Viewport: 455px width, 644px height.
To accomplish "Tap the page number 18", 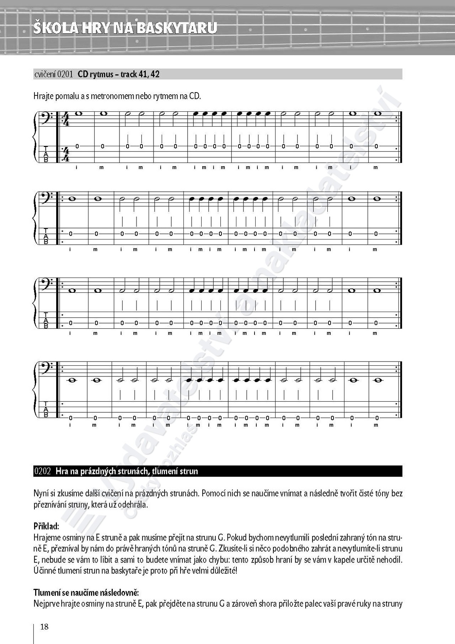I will pyautogui.click(x=44, y=627).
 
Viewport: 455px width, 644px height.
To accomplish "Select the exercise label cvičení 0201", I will pyautogui.click(x=54, y=74).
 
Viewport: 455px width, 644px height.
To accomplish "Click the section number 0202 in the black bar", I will pyautogui.click(x=43, y=471).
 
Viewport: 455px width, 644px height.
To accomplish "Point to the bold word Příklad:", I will pyautogui.click(x=47, y=526).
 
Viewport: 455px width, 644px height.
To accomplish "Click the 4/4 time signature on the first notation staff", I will pyautogui.click(x=65, y=119).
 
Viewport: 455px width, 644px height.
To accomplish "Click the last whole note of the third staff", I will pyautogui.click(x=377, y=290).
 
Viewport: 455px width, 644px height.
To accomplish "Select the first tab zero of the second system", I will pyautogui.click(x=70, y=234).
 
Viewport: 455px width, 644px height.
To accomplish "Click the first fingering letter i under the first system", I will pyautogui.click(x=76, y=167).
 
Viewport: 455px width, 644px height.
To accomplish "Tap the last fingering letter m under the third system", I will pyautogui.click(x=375, y=333).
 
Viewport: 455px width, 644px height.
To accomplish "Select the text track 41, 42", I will pyautogui.click(x=140, y=74).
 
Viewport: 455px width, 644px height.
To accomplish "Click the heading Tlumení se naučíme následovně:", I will pyautogui.click(x=86, y=593).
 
